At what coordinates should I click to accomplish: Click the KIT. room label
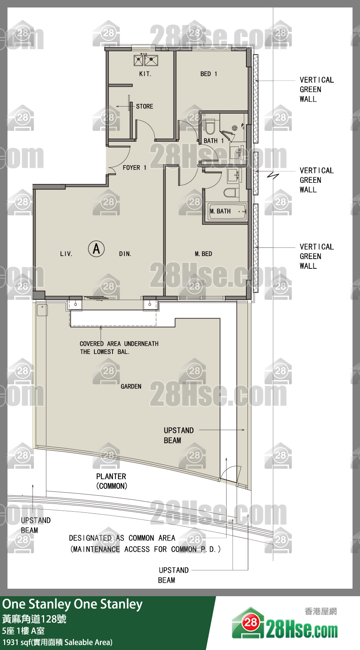coord(145,74)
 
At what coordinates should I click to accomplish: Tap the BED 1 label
coord(209,74)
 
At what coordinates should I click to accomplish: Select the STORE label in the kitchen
coord(145,107)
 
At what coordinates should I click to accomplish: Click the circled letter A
coord(96,249)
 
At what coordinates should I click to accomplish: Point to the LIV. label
coord(66,254)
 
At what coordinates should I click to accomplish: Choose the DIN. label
coord(125,254)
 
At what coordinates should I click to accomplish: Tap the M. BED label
coord(203,254)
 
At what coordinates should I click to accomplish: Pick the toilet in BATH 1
coord(210,126)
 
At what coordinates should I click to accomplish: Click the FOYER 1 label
coord(135,168)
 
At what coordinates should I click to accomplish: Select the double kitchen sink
coord(146,60)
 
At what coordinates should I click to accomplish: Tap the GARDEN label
coord(131,386)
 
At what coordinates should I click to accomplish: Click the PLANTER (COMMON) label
coord(111,481)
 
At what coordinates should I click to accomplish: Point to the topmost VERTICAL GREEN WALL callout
coord(317,89)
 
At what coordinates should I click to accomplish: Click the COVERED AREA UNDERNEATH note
coord(119,348)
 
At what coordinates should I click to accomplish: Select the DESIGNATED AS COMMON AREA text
coord(122,538)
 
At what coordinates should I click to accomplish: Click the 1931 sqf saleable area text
coord(57,642)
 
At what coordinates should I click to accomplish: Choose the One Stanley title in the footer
coord(72,604)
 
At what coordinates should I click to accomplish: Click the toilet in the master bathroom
coord(231,193)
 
